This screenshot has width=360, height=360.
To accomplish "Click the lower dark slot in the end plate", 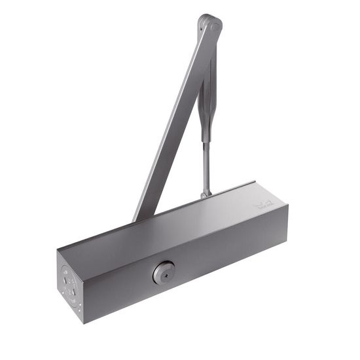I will click(69, 291).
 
